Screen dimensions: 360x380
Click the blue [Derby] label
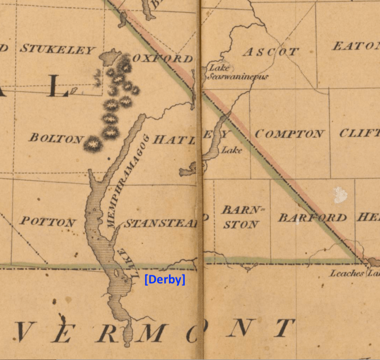[x=164, y=279]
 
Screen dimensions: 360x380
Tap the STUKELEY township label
[x=57, y=49]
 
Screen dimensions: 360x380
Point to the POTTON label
[x=48, y=222]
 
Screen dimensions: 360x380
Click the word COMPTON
[x=289, y=134]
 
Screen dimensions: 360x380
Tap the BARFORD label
[x=313, y=217]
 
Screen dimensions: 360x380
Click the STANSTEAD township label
[x=160, y=224]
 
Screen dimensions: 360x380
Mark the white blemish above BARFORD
[x=340, y=195]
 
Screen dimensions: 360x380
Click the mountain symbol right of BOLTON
[x=92, y=144]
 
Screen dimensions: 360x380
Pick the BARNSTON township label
[x=240, y=217]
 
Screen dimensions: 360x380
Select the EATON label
[x=355, y=46]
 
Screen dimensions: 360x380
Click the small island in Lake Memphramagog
[x=117, y=274]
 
